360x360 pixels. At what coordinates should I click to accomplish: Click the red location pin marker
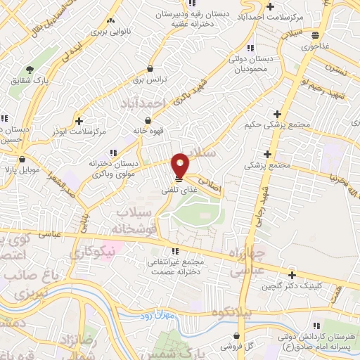181,165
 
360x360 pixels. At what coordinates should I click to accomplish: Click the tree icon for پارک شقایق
30,69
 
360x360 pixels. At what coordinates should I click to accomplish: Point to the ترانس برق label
150,80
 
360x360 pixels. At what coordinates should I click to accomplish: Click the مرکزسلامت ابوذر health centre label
82,131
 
